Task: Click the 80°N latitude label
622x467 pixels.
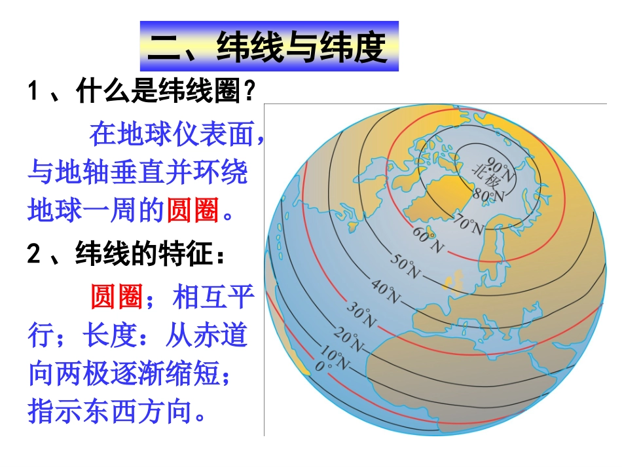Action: [x=489, y=194]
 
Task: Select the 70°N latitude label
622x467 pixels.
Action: [x=467, y=224]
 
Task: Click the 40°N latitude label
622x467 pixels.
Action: [x=386, y=291]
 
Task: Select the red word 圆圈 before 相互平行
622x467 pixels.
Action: [x=117, y=298]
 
